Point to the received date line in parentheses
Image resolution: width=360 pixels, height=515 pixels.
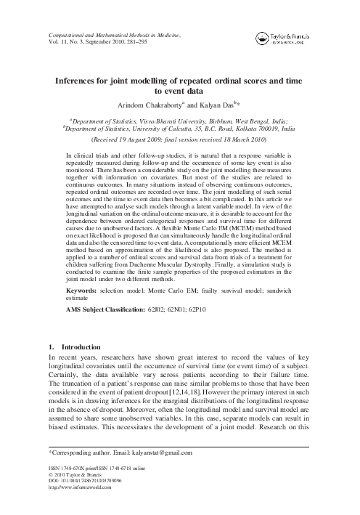[179, 138]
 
